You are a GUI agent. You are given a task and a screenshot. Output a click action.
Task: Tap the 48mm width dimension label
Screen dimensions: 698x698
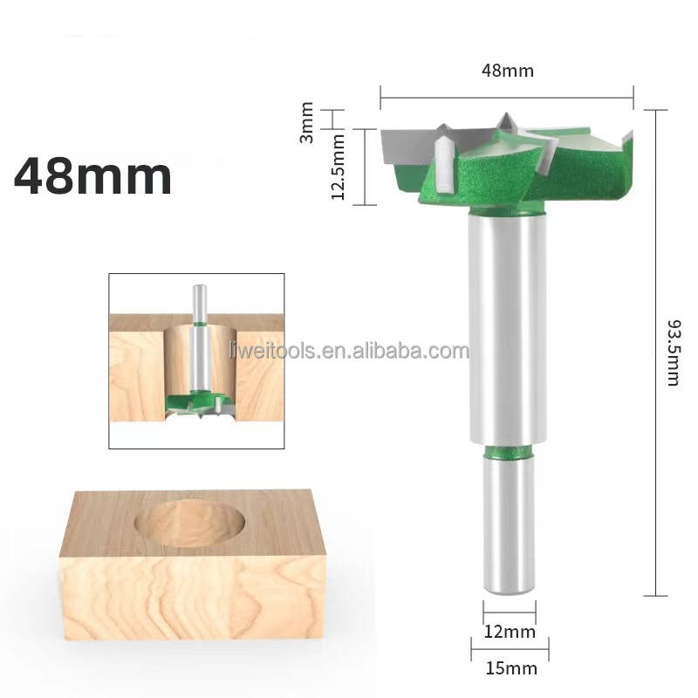point(506,71)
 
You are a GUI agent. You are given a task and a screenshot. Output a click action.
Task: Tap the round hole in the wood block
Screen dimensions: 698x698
point(190,526)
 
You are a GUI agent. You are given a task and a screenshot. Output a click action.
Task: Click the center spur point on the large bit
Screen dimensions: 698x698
point(505,122)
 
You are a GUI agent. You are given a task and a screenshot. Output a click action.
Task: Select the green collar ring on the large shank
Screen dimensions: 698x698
point(507,450)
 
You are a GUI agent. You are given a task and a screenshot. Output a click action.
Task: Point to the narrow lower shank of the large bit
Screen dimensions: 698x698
point(507,523)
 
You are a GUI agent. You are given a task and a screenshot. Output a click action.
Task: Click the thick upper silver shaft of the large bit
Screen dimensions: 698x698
point(507,332)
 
